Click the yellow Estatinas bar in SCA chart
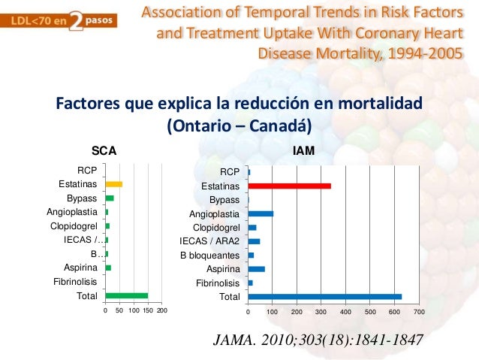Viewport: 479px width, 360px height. point(113,183)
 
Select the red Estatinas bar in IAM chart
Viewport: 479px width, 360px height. point(289,186)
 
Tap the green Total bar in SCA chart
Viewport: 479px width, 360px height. point(126,295)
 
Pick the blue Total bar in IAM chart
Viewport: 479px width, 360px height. point(324,296)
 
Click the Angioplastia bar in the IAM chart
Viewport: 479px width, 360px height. point(261,213)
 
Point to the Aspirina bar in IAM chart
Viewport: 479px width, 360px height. point(256,268)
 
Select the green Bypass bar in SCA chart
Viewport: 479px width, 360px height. point(110,198)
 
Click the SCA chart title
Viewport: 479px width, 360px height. point(103,151)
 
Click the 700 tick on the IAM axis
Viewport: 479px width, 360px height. point(419,311)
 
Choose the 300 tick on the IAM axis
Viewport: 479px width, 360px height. point(321,311)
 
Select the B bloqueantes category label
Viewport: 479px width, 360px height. point(209,255)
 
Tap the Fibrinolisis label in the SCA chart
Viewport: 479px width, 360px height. point(74,282)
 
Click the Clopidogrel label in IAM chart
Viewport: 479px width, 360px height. point(215,227)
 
